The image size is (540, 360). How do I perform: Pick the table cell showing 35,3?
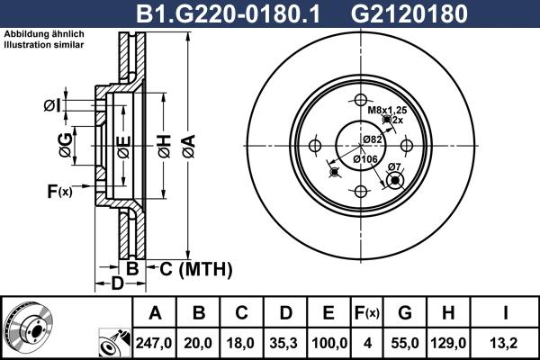pos(284,342)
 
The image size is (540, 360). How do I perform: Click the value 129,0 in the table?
pos(448,342)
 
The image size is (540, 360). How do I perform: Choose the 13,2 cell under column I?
pos(506,342)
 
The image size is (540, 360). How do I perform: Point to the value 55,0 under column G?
pos(404,342)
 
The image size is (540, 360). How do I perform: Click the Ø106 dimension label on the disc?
pos(364,159)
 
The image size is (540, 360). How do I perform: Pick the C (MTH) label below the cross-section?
pos(190,268)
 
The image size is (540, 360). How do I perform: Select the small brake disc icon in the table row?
pos(24,328)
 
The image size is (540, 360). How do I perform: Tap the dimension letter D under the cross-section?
pos(117,285)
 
